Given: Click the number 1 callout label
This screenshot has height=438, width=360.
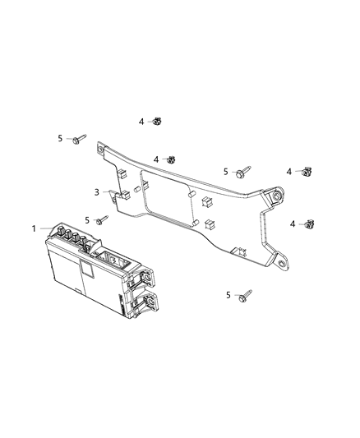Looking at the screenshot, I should (35, 228).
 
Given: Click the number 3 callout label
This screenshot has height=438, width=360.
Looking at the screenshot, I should (96, 192).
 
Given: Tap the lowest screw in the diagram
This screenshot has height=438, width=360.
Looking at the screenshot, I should (245, 294).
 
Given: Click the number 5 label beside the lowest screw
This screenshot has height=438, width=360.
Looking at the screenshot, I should (228, 294).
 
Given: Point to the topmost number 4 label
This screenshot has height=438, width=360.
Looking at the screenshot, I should (141, 122).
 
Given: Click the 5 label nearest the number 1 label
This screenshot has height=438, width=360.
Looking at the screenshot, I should (87, 220).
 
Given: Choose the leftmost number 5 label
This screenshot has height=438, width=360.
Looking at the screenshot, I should (61, 139).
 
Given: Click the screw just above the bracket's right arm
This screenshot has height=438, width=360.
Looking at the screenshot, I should (242, 173).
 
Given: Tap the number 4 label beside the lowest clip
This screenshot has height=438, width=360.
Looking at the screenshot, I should (293, 224).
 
